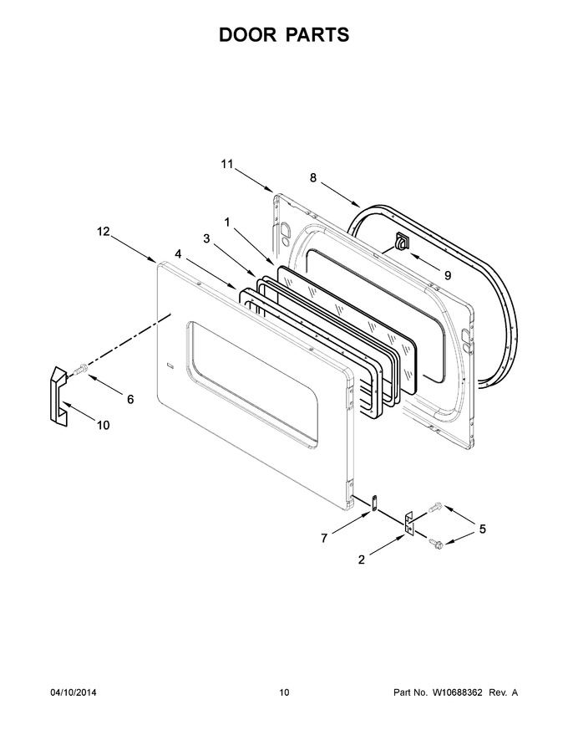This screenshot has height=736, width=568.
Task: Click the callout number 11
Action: pyautogui.click(x=227, y=164)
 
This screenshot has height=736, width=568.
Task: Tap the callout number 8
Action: pyautogui.click(x=313, y=177)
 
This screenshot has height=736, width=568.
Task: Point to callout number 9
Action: pyautogui.click(x=448, y=275)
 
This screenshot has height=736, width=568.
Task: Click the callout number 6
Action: pyautogui.click(x=130, y=399)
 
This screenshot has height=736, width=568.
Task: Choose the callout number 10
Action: pyautogui.click(x=103, y=425)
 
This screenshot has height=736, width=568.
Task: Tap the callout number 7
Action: pyautogui.click(x=324, y=539)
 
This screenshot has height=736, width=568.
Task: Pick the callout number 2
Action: pyautogui.click(x=362, y=560)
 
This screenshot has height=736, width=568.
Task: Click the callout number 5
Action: pyautogui.click(x=482, y=529)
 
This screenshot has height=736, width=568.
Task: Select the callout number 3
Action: pyautogui.click(x=206, y=238)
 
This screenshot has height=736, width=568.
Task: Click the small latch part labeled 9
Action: pyautogui.click(x=401, y=242)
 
